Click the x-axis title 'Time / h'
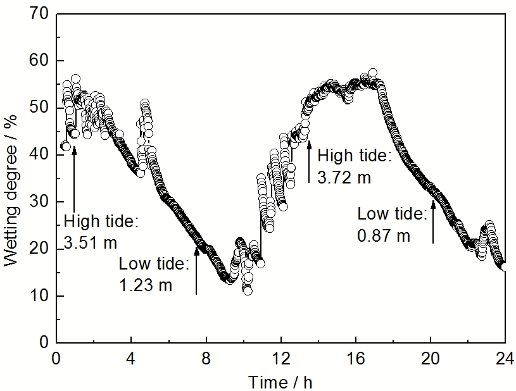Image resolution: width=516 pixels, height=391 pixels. pos(280,382)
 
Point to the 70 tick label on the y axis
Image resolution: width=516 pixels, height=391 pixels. pos(40,14)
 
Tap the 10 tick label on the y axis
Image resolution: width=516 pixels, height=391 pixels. pos(40,295)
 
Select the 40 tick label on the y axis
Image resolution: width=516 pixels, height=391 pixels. pos(40,154)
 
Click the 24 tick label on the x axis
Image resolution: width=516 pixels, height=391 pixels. pos(505,358)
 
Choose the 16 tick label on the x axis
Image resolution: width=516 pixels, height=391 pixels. pos(355,358)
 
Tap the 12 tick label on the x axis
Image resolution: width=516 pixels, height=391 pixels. pos(280,358)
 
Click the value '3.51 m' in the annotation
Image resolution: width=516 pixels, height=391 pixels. pos(91,243)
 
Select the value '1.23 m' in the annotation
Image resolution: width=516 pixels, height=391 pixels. pos(146,285)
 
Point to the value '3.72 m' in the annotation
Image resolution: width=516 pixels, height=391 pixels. pos(344,178)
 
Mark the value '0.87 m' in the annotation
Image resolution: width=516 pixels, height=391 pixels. pos(384,236)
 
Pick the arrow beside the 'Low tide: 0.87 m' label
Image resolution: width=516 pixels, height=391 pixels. pos(433,221)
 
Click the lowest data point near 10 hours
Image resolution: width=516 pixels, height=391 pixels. pos(248,290)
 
